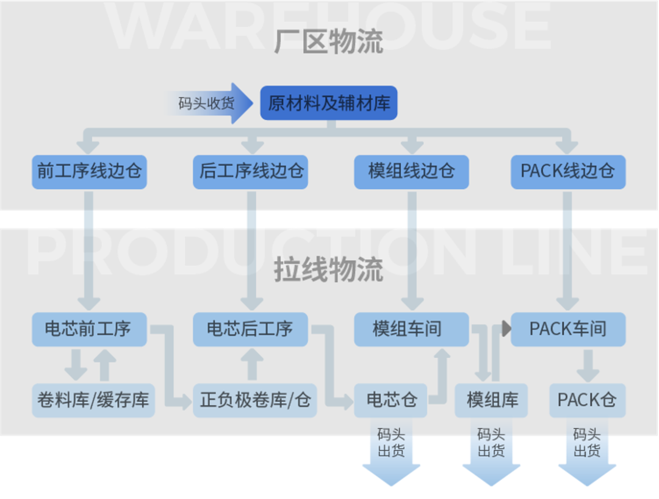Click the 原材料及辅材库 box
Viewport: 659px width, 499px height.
[x=329, y=103]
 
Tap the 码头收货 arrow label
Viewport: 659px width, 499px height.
[x=206, y=103]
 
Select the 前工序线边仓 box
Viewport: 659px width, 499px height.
[x=89, y=172]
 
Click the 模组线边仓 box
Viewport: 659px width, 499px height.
[x=411, y=172]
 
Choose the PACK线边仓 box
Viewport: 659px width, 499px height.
[x=567, y=172]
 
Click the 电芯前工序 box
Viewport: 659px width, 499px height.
[x=89, y=329]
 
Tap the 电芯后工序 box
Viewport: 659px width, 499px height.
[x=250, y=329]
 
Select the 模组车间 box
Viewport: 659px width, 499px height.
[x=411, y=329]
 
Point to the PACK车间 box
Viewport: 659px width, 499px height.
[x=567, y=329]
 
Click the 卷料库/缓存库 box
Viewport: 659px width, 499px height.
[x=93, y=400]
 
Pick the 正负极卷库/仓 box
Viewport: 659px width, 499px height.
[x=255, y=400]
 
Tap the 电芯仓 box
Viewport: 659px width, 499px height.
[x=391, y=400]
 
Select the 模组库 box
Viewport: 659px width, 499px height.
[x=492, y=400]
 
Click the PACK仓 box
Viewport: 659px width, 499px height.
[x=586, y=400]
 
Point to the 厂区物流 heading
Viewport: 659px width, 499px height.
[x=328, y=43]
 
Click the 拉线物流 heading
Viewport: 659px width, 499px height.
[x=328, y=269]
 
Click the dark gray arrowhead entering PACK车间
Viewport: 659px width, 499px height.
[x=506, y=329]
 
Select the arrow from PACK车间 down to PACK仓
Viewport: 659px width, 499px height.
[x=587, y=365]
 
